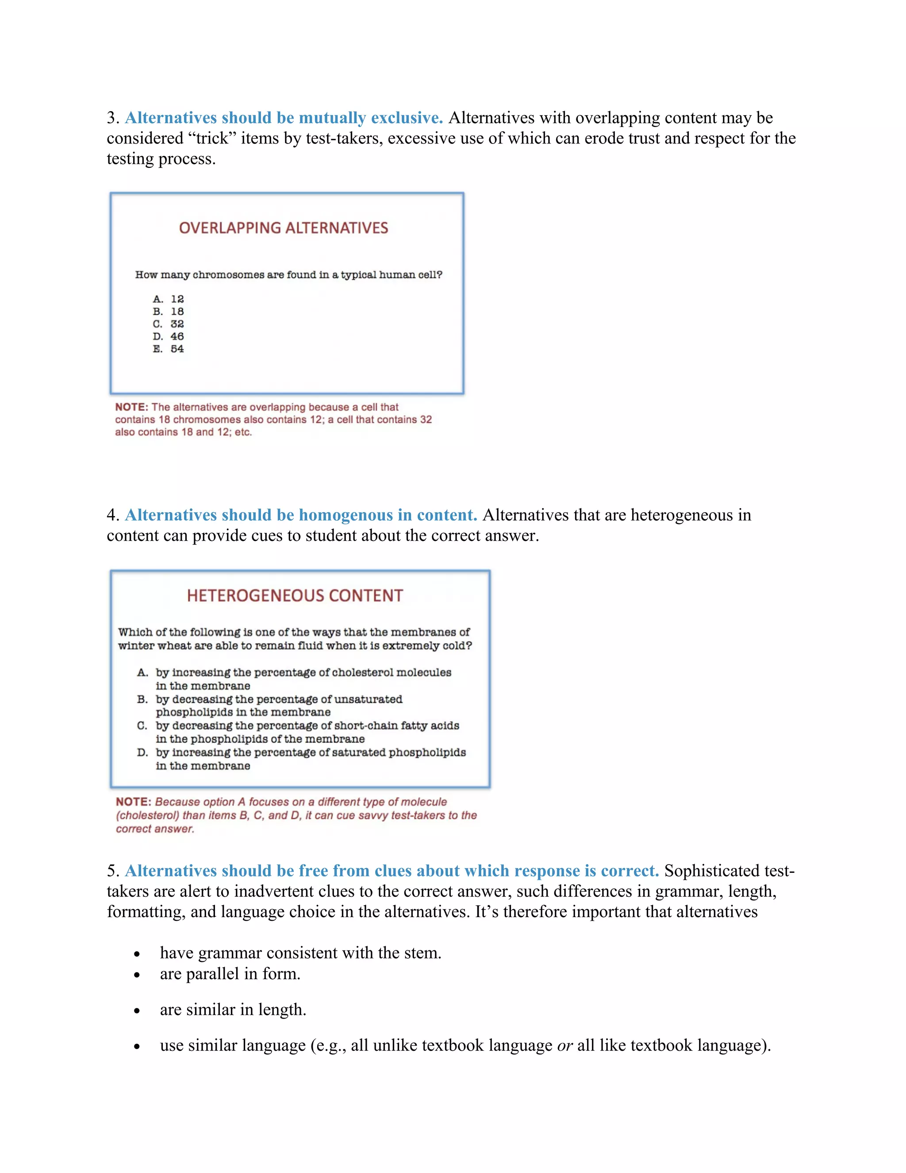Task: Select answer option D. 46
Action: point(169,336)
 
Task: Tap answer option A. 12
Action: point(169,299)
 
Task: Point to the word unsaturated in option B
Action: point(370,699)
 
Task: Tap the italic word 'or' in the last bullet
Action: point(564,1045)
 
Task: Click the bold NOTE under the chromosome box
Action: point(131,407)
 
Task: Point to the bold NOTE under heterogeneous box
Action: point(134,802)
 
